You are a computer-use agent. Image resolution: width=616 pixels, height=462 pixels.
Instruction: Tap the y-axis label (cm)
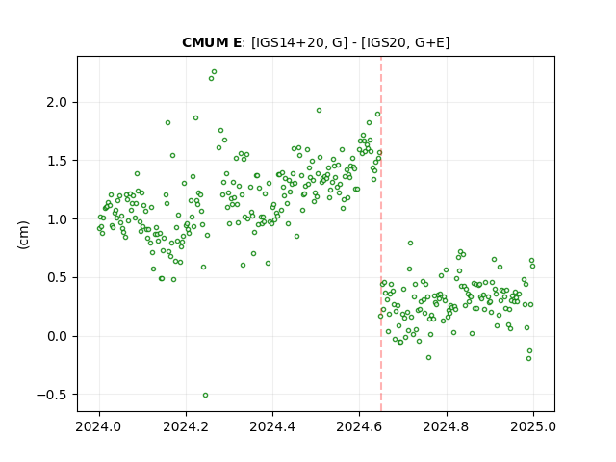pos(23,235)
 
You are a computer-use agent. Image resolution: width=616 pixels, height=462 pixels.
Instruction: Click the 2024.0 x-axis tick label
pos(99,426)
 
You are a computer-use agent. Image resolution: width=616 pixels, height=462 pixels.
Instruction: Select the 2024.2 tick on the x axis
pos(186,426)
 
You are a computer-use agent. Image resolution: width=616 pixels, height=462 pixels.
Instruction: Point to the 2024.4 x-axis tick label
pos(272,426)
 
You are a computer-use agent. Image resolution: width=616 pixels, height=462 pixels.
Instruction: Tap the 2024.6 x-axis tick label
pos(359,426)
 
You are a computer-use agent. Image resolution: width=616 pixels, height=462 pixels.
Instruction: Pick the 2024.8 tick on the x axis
pos(447,426)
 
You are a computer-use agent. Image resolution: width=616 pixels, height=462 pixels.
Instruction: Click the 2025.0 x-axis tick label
pos(533,426)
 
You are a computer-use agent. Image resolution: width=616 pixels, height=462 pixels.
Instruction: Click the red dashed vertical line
pos(381,234)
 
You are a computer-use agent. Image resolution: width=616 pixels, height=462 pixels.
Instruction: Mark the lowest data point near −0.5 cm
pos(205,396)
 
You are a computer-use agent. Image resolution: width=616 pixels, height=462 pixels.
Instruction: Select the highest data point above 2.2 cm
pos(214,72)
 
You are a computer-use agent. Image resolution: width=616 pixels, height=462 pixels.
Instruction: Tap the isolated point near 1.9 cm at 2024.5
pos(319,111)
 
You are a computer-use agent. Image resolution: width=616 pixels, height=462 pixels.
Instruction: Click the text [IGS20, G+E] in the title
pos(405,42)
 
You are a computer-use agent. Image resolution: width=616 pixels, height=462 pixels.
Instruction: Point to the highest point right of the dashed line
pos(410,244)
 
